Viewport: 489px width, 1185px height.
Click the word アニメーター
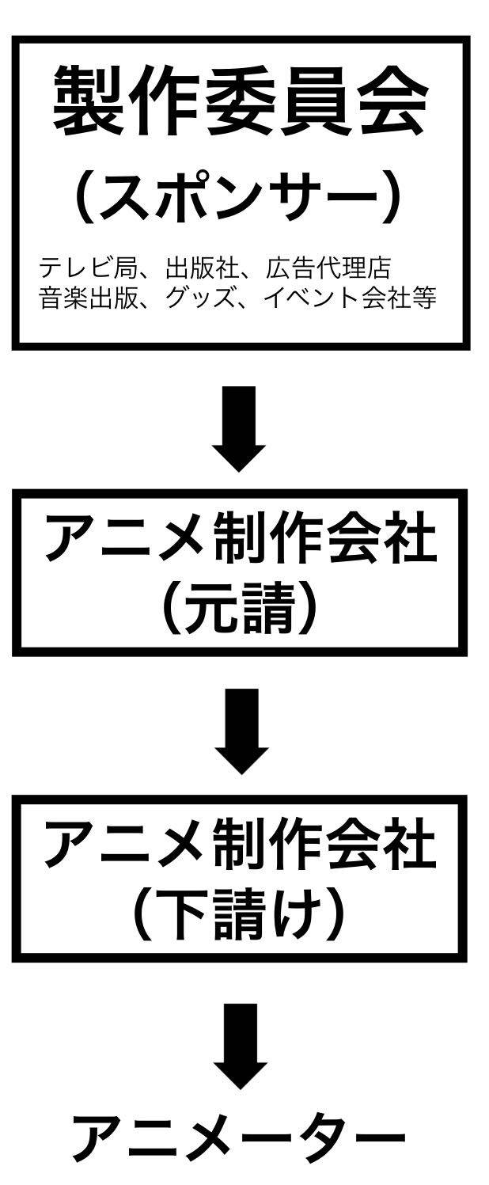point(241,1137)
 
